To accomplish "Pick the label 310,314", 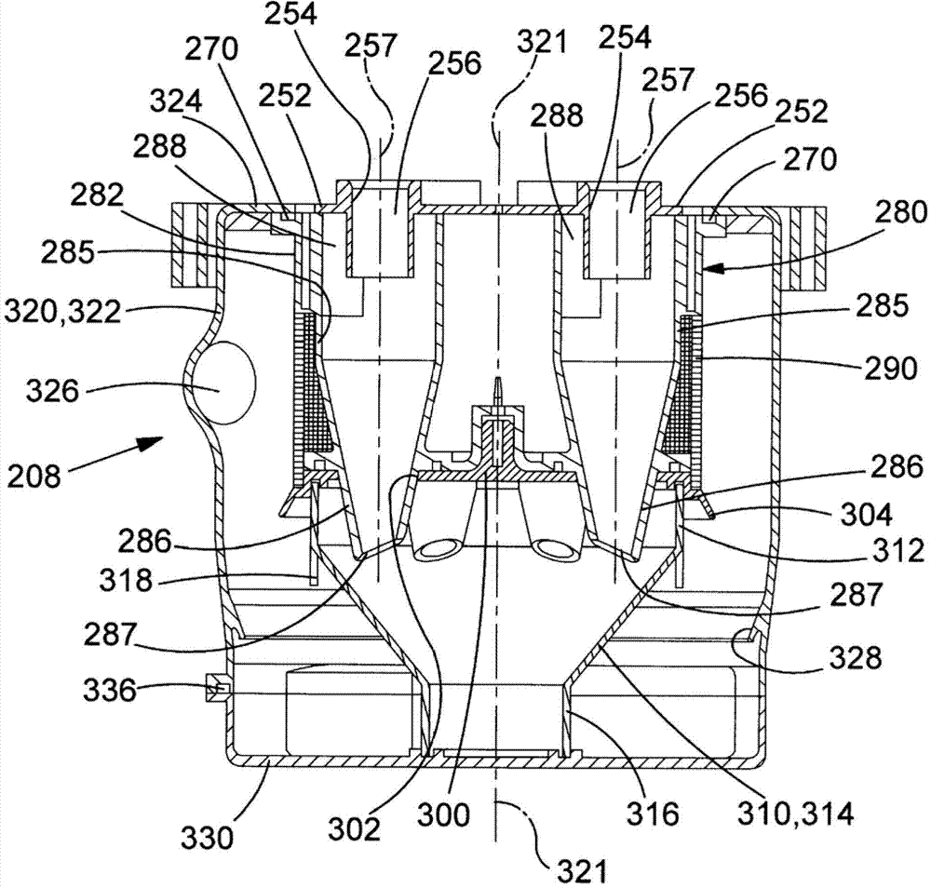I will point(794,814).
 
